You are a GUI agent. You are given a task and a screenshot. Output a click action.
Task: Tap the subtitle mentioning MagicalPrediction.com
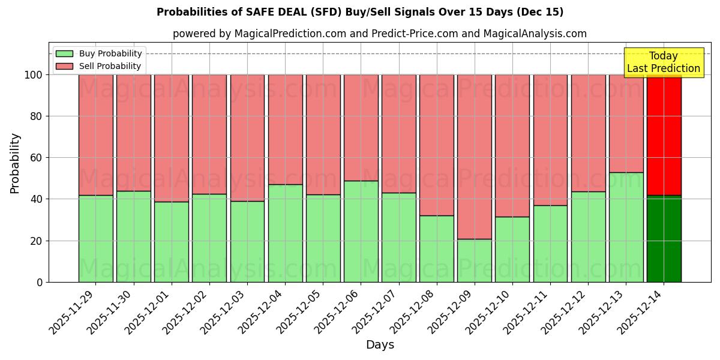[x=379, y=34]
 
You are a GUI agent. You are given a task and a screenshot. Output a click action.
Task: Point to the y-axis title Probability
[x=15, y=163]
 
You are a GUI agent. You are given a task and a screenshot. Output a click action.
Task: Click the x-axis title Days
[x=380, y=345]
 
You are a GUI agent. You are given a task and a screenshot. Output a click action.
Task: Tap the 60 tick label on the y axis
[x=36, y=158]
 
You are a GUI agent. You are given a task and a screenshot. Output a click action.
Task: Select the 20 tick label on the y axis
[x=36, y=241]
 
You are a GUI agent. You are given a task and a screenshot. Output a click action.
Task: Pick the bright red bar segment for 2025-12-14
[x=664, y=135]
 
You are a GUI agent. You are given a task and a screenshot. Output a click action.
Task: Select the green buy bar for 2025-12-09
[x=474, y=260]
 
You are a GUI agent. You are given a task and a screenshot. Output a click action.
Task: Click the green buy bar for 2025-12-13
[x=626, y=227]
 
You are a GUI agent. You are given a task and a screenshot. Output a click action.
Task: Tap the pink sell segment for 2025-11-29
[x=95, y=135]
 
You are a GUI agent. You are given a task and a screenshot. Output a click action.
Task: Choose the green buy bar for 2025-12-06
[x=361, y=232]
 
